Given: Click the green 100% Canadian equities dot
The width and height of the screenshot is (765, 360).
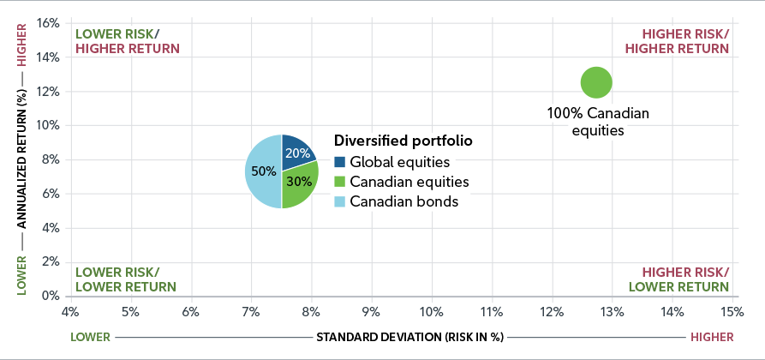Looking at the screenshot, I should pos(596,83).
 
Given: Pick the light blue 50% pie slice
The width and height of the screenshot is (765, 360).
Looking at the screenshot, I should pos(262,171).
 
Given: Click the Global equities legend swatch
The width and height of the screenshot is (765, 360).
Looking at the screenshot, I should pos(339,161).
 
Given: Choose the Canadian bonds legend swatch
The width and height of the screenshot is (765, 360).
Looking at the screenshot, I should pos(339,202).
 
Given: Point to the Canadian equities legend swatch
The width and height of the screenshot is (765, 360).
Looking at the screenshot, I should pos(339,182).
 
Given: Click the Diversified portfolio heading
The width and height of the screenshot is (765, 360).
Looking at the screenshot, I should pos(403,140).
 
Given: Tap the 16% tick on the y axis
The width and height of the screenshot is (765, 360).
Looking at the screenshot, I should pos(48,23).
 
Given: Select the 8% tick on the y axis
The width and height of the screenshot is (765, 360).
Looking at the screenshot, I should pos(51,159).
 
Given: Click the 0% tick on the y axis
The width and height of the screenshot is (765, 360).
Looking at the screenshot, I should pos(51,296).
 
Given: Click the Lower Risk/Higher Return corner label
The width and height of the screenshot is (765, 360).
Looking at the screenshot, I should pos(128,41).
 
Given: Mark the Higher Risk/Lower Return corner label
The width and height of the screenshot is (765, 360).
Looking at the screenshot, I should pos(678,279).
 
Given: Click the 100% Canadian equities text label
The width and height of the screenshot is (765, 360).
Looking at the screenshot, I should pos(598,122).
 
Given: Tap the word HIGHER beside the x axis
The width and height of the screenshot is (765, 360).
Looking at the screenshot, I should pos(710,337).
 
